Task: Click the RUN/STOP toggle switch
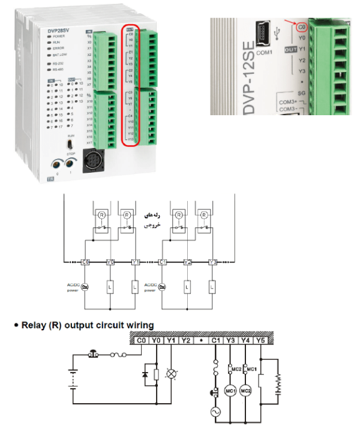70,145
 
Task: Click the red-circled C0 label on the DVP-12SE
302,28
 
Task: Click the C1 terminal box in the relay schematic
163,262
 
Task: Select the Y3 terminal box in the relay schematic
212,262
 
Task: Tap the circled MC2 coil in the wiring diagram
245,391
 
